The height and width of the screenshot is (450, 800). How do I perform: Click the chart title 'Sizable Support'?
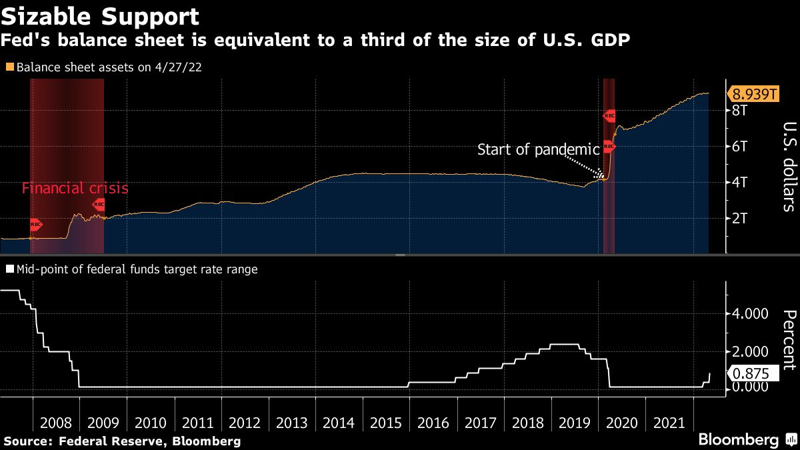click(100, 16)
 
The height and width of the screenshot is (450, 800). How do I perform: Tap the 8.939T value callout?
click(755, 93)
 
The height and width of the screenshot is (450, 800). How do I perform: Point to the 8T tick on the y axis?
click(739, 110)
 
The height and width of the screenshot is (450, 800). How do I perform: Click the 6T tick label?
click(739, 146)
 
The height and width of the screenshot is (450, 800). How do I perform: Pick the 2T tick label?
click(739, 218)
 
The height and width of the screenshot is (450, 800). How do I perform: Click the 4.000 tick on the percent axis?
click(751, 314)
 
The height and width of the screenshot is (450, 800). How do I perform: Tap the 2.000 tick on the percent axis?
click(751, 351)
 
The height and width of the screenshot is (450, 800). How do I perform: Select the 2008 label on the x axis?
click(56, 423)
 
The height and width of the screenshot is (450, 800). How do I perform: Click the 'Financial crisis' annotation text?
click(75, 189)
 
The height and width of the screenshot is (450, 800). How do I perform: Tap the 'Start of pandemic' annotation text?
click(539, 149)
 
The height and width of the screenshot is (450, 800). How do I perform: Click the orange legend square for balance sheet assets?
click(9, 67)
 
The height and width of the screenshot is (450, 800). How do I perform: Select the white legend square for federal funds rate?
click(9, 270)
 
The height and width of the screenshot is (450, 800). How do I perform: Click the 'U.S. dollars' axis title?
click(788, 167)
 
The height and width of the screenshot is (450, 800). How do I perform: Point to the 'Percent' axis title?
click(788, 339)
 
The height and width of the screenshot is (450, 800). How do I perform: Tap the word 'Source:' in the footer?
click(29, 441)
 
